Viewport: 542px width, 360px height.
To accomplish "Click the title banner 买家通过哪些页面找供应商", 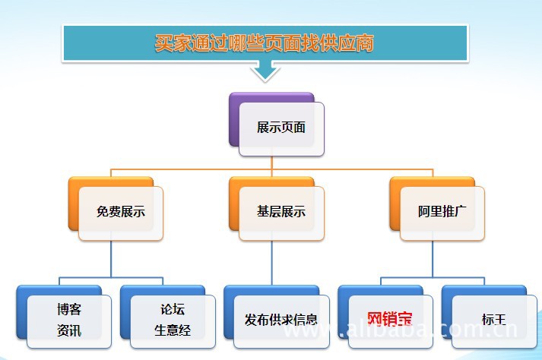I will tap(264, 43).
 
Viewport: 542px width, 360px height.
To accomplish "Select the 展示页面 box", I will tap(281, 128).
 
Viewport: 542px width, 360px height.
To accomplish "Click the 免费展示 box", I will tap(121, 212).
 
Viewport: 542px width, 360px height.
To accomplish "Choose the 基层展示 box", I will tap(281, 212).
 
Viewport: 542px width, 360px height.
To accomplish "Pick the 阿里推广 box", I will tap(442, 212).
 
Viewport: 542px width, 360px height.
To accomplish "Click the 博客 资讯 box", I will tap(69, 320).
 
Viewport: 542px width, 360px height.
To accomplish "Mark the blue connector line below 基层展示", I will tap(272, 262).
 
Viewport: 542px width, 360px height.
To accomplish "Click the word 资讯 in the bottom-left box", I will tap(69, 330).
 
